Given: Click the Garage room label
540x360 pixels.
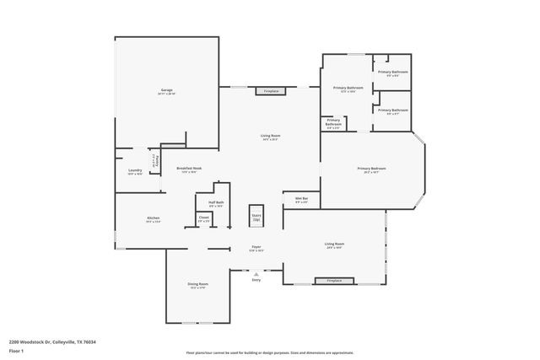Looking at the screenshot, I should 167,91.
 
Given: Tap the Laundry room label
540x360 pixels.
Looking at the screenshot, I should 135,172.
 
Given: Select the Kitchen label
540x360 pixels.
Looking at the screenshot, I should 153,219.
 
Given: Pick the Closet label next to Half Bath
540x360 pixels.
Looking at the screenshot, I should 204,218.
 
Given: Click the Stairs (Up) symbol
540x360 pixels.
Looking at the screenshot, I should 256,216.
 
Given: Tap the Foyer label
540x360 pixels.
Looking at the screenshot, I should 256,248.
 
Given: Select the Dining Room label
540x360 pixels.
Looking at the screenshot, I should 197,285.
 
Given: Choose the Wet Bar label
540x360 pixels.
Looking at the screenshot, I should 301,200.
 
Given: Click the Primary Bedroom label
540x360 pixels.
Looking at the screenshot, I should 373,169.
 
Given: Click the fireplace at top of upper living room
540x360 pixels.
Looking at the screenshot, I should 271,90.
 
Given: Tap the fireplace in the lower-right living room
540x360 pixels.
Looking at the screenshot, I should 334,280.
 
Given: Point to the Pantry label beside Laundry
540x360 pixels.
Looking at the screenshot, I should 155,160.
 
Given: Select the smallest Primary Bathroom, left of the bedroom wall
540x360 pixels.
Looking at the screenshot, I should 333,124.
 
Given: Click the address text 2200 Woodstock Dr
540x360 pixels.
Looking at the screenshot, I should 52,342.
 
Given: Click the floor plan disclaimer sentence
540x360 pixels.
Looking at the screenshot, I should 270,352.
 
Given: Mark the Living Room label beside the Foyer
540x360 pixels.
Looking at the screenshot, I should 334,245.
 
